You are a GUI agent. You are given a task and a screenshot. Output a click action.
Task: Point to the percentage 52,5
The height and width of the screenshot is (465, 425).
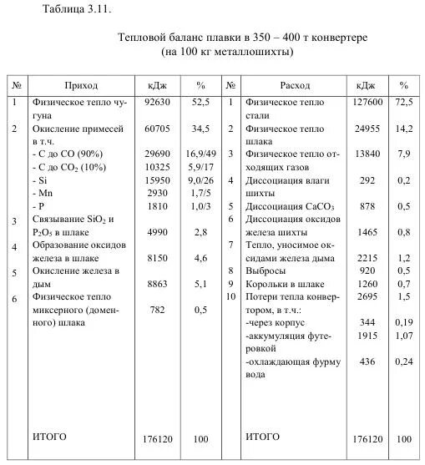(x=200, y=103)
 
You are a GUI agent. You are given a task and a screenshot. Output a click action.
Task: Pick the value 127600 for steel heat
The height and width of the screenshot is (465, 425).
(x=368, y=103)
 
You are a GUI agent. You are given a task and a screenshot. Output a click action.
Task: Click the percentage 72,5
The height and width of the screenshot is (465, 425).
(x=404, y=103)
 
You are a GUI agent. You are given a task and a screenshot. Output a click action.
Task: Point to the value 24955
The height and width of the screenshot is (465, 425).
(x=368, y=131)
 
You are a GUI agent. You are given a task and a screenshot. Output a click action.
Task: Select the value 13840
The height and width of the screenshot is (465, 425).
(x=368, y=155)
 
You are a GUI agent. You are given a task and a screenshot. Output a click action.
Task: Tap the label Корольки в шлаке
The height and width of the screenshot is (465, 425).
(x=279, y=284)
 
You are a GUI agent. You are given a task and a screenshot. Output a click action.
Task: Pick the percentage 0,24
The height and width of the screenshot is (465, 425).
(x=404, y=361)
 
